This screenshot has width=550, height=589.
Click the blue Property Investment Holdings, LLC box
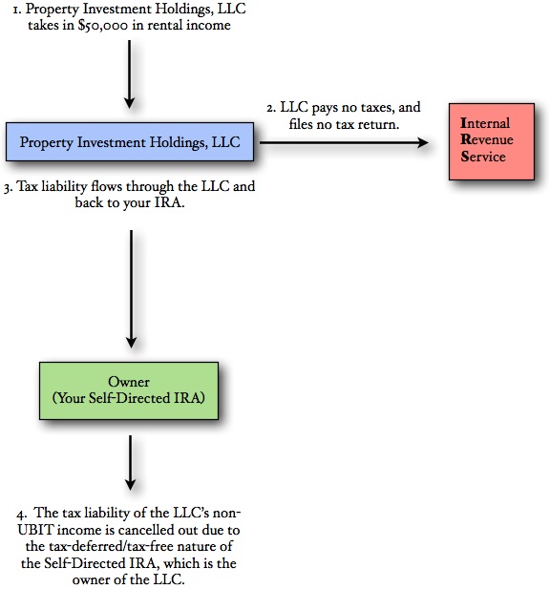(x=130, y=142)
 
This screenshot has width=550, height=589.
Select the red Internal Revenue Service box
(x=493, y=140)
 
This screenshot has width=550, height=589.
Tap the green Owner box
(x=129, y=390)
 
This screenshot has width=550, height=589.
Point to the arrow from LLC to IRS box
(x=344, y=142)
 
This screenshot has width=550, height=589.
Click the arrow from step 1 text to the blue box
(x=129, y=77)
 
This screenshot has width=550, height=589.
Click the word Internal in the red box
(x=485, y=123)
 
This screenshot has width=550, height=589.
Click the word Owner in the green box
(x=129, y=382)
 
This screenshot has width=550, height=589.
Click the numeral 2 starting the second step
(x=270, y=108)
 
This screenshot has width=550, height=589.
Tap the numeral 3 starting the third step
(x=8, y=187)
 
